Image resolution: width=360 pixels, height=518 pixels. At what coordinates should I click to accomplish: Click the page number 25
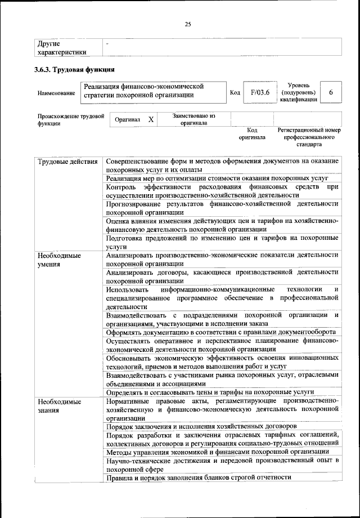pos(188,24)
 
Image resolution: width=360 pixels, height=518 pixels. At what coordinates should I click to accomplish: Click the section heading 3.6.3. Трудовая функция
pos(75,70)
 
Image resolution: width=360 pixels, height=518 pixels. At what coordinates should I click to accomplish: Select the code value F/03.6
pos(260,92)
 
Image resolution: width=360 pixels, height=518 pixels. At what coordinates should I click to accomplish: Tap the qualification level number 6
pos(331,92)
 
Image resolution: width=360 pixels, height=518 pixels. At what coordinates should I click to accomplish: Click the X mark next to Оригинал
pos(150,120)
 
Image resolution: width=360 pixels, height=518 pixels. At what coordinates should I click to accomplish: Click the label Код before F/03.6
pos(236,92)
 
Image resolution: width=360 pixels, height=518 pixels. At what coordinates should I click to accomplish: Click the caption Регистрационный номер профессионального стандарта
pos(309,137)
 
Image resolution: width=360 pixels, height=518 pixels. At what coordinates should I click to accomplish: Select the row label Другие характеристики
pos(62,47)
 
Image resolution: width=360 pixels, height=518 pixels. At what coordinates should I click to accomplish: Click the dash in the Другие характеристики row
pos(107,43)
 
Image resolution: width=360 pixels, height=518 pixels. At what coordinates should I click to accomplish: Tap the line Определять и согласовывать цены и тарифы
pos(218,392)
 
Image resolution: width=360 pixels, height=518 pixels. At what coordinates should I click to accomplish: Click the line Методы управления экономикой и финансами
pos(217,452)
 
